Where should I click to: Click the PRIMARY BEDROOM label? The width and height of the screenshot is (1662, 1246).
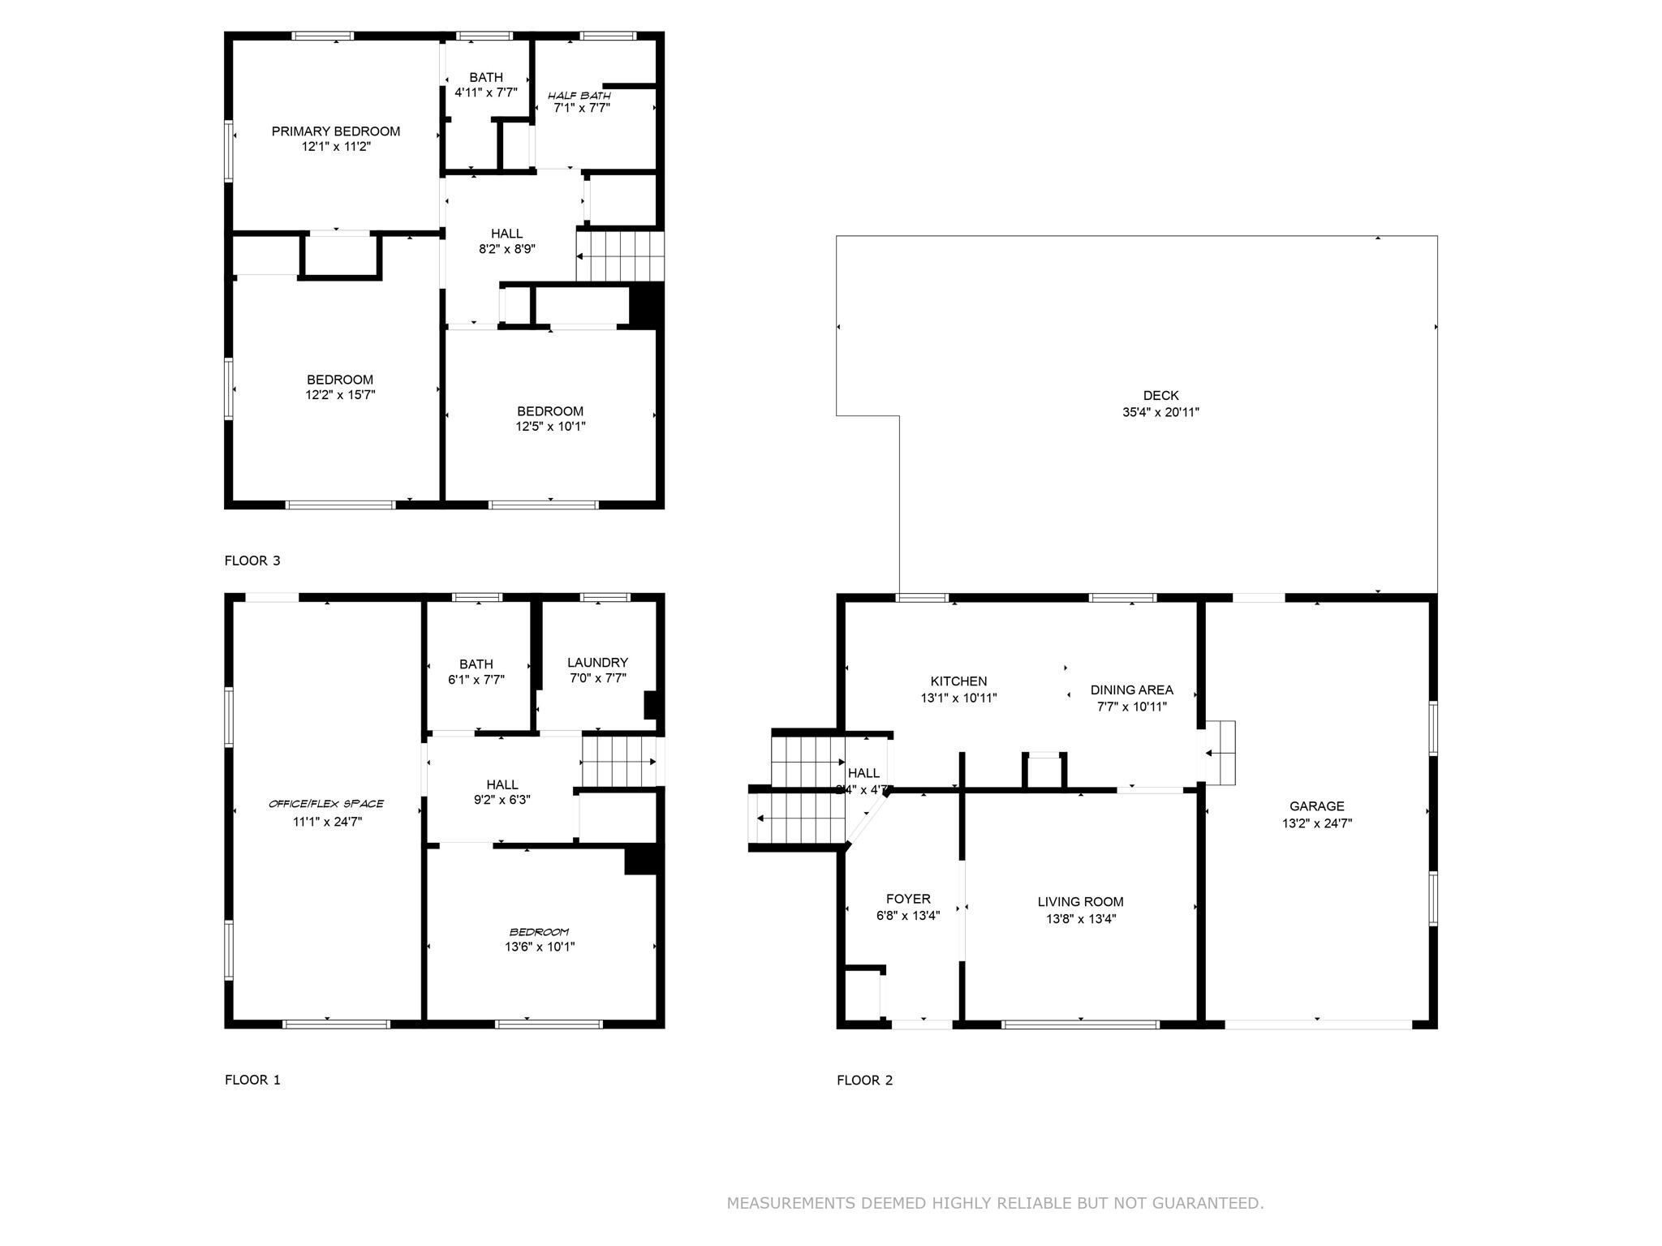335,131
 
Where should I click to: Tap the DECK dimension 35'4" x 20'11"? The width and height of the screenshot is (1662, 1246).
1160,412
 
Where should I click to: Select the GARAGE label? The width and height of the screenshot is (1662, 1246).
1316,806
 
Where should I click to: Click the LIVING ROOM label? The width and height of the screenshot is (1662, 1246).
1080,902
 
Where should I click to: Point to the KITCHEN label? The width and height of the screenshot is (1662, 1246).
958,681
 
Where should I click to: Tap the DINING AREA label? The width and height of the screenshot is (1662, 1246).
1131,690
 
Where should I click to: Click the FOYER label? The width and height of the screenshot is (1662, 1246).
908,899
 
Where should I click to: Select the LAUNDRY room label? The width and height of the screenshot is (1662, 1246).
597,663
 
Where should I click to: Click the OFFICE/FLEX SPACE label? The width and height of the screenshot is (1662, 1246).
326,804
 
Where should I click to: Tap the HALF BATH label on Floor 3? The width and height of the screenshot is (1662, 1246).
579,96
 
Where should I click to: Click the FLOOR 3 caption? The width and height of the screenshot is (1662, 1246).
252,561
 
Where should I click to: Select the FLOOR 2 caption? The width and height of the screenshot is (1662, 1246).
864,1080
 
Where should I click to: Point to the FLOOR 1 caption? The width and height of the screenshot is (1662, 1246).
252,1080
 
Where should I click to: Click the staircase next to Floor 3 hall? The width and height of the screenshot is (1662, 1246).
620,256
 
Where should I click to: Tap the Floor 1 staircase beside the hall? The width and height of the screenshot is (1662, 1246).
618,762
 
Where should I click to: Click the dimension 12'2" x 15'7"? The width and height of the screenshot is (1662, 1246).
340,395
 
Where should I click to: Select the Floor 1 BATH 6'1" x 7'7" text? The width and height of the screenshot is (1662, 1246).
476,672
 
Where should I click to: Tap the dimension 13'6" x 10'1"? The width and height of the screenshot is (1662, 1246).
540,947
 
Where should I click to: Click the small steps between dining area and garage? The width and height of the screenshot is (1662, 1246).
1220,753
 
